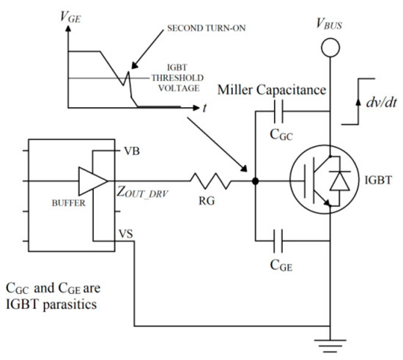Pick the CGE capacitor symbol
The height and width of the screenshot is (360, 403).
point(281,237)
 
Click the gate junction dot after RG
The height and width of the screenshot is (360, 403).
point(254,178)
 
